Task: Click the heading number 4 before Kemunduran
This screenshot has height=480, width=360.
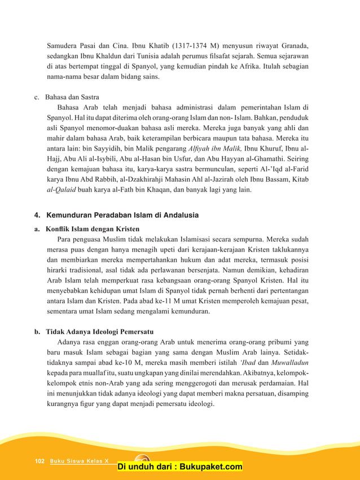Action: (37, 215)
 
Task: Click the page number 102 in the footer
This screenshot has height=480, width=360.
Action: (39, 461)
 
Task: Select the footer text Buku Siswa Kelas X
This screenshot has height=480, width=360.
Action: (79, 461)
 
